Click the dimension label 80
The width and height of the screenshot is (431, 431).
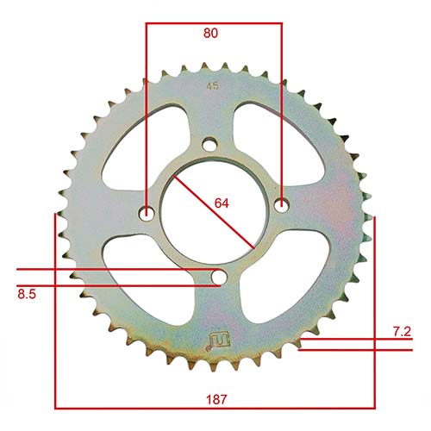tap(210, 34)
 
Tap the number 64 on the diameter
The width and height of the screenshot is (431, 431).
tap(222, 203)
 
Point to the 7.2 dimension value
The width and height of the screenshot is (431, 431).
tap(402, 331)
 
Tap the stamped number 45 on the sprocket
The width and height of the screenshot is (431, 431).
tap(212, 85)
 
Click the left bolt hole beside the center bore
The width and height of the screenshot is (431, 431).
tap(147, 210)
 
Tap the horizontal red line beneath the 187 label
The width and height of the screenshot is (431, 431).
tap(215, 406)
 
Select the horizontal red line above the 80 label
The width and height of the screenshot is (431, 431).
tap(214, 23)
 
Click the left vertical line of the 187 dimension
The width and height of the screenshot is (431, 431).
tap(55, 310)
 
